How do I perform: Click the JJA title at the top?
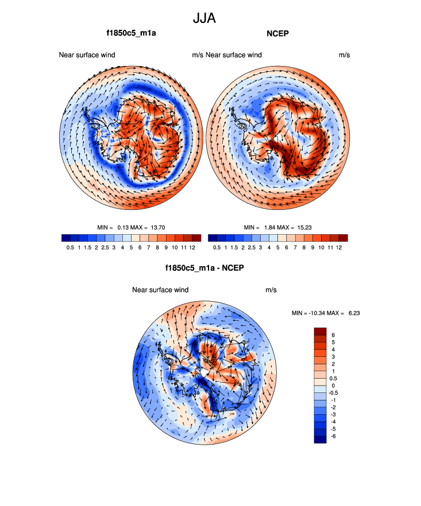coord(204,18)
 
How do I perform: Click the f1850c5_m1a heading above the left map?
coord(132,33)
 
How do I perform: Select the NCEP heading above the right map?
coord(277,33)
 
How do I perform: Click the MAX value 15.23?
coord(305,228)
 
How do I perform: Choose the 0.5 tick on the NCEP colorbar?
coord(217,247)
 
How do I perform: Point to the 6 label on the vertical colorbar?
coord(333,335)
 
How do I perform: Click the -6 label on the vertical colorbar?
coord(334,436)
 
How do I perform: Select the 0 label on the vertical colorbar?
coord(333,386)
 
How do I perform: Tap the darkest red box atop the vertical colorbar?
coord(320,331)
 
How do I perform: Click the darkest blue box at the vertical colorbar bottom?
coord(320,439)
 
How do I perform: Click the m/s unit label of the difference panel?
coord(271,290)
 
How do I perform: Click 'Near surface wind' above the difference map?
coord(160,290)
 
